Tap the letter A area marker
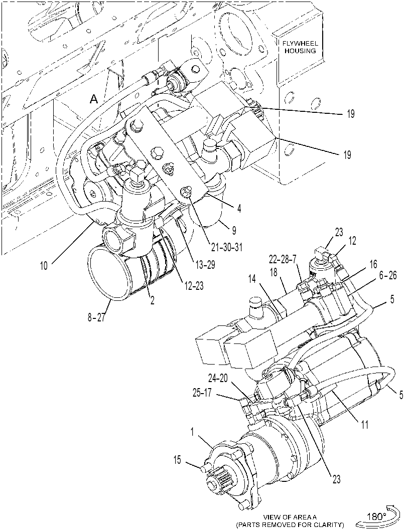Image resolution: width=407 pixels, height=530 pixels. [94, 99]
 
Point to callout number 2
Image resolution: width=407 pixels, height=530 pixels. [152, 300]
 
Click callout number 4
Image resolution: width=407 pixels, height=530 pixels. [239, 209]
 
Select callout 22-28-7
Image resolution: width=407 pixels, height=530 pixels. [282, 260]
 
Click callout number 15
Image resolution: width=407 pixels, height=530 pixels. [178, 460]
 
